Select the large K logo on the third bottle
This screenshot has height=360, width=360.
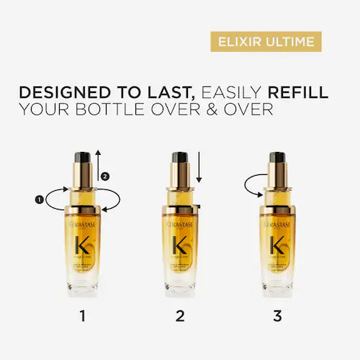[275, 244]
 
